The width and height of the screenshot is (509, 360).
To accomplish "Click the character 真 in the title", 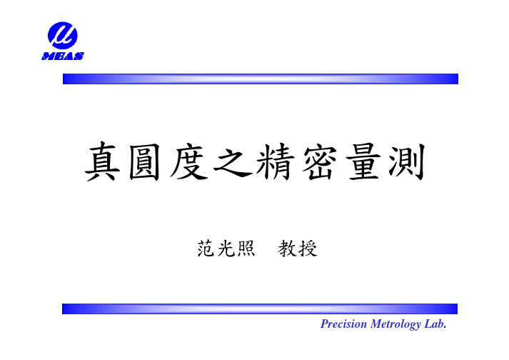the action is coord(103,161).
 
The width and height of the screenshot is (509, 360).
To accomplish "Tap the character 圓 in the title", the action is coord(145,161).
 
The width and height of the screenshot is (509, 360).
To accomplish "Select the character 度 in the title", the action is coord(188,161).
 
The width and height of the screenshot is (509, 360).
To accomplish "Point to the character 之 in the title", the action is coord(233,161).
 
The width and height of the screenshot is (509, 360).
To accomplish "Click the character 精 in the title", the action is coord(276,161).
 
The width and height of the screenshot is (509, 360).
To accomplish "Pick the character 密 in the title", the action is coord(319,161).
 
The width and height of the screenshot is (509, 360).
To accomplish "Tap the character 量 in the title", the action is coord(363,161).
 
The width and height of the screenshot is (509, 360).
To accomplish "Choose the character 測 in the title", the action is coord(407,161).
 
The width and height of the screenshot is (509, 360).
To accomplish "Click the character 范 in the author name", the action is coord(206,249).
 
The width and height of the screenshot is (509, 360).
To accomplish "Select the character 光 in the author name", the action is coord(226,249).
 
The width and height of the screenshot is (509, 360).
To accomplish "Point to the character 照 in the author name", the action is coord(246,249).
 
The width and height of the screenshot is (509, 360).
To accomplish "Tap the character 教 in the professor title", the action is coord(287,249).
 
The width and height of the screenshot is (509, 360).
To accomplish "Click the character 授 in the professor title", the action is coord(308,249).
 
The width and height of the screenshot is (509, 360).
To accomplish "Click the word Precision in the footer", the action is coord(343,324).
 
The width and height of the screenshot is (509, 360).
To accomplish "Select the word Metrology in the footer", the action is coord(395,324).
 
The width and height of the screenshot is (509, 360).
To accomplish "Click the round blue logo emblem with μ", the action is coord(63,36).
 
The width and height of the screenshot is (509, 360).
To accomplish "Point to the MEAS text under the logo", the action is coord(63,56).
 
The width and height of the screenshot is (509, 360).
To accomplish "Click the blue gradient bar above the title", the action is coord(261,79).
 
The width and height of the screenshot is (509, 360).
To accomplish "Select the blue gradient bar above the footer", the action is coord(260,309).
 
